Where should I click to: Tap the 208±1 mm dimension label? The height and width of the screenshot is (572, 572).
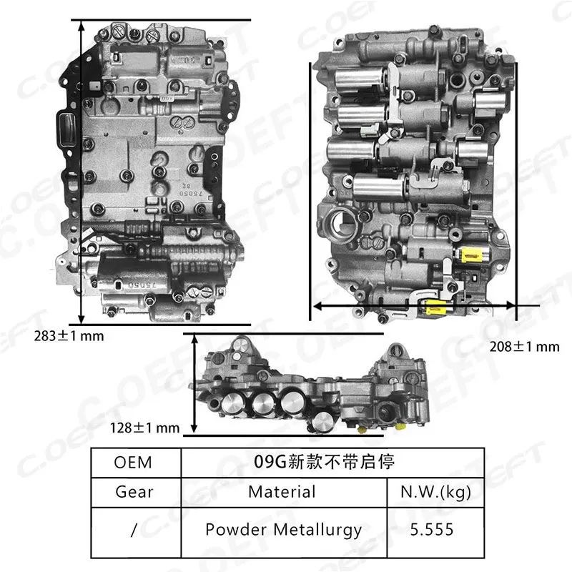click(x=524, y=347)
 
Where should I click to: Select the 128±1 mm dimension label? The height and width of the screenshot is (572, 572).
click(x=144, y=428)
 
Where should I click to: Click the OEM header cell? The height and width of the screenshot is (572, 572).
click(x=134, y=462)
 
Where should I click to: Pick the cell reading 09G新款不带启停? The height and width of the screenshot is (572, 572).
click(x=334, y=462)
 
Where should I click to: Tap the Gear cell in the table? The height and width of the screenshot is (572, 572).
click(x=134, y=492)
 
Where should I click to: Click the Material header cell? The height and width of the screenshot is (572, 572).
click(x=281, y=492)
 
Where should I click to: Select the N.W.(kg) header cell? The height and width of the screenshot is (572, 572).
click(x=435, y=492)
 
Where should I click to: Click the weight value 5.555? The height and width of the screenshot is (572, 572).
click(x=435, y=530)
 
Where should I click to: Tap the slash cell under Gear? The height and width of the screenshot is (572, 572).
click(x=134, y=530)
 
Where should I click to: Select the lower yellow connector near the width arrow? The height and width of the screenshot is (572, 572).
click(x=433, y=308)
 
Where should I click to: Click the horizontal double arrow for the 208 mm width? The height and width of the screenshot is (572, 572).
click(x=413, y=305)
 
